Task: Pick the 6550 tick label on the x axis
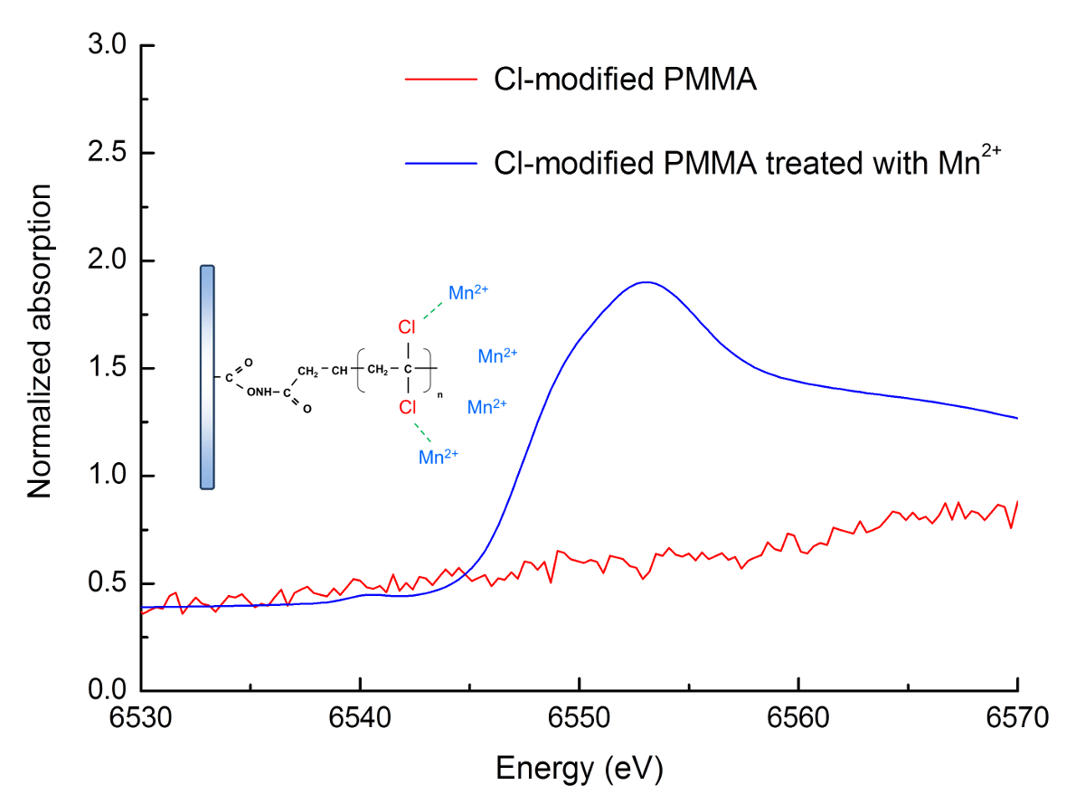pos(579,719)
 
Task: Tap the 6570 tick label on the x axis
pos(1016,719)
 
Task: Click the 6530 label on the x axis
pos(142,719)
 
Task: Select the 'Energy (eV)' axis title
pos(579,769)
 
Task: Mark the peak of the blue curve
pos(646,282)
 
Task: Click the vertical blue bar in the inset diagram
pos(207,377)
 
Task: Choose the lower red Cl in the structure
pos(409,409)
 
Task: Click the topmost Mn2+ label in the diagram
pos(469,293)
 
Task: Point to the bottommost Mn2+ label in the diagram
pos(439,457)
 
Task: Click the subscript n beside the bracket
pos(440,395)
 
